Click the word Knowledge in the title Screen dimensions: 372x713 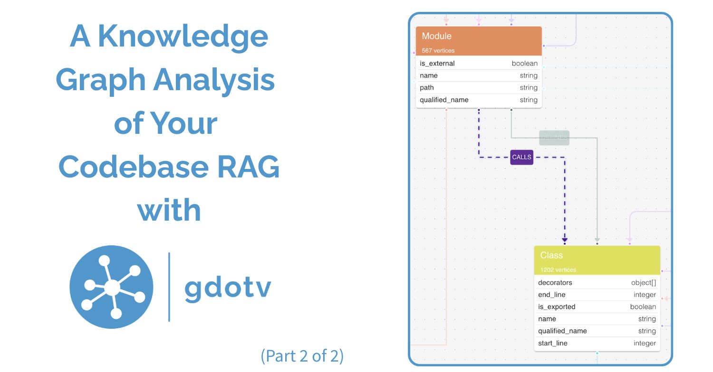click(183, 37)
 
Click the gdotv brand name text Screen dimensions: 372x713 click(228, 287)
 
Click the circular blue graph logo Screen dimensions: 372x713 click(111, 287)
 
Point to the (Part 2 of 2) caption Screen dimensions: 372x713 click(302, 355)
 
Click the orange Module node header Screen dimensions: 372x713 click(479, 41)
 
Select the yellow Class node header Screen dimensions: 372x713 click(597, 260)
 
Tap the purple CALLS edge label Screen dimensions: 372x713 click(521, 157)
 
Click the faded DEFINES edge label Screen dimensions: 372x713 click(554, 138)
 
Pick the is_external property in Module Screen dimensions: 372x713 click(437, 64)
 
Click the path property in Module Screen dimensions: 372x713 click(426, 88)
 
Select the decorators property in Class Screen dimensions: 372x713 click(555, 283)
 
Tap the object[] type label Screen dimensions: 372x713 click(643, 283)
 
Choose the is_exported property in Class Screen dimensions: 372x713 click(557, 307)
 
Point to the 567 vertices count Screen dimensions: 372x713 click(438, 51)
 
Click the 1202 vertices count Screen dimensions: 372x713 click(558, 270)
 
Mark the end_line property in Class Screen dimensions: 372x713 click(551, 295)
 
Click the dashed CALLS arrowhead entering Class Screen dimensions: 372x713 click(565, 240)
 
